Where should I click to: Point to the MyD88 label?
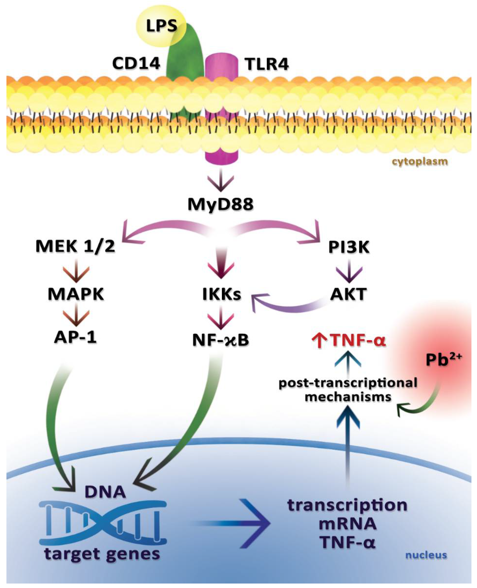(221, 205)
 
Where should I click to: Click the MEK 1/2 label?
(75, 246)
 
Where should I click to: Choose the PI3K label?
(349, 247)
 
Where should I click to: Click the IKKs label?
(221, 294)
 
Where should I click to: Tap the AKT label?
(348, 294)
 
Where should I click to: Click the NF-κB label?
(221, 340)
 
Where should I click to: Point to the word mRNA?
(348, 524)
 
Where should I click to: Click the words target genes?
(102, 553)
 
